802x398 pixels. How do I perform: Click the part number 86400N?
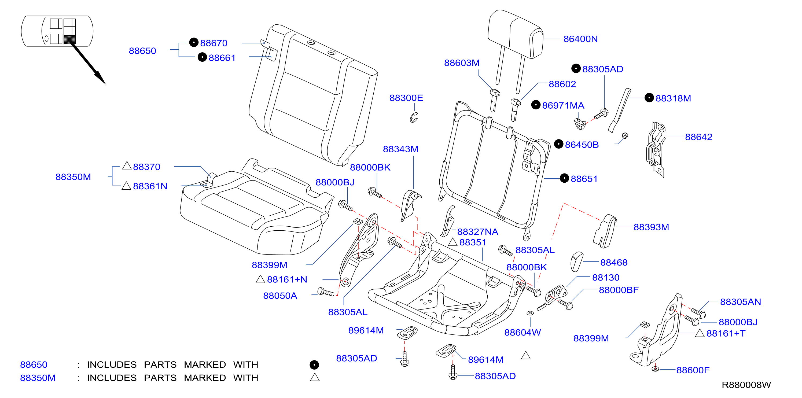[580, 39]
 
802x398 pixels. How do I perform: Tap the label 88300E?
[406, 98]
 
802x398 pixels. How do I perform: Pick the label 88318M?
[673, 98]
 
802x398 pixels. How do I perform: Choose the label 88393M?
[651, 227]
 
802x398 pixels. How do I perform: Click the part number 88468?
[614, 263]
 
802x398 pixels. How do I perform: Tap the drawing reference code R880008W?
[746, 385]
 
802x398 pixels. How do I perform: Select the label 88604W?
[523, 333]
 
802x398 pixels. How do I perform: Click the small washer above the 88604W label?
[530, 313]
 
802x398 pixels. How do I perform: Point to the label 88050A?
[280, 296]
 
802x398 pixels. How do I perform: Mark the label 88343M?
[400, 149]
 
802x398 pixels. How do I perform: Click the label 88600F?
[693, 370]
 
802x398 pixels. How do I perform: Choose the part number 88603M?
[462, 63]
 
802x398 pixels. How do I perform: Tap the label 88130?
[606, 278]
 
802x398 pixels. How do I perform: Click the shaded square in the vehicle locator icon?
[69, 39]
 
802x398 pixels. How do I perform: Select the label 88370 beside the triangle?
[147, 167]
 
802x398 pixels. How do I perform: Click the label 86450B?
[582, 145]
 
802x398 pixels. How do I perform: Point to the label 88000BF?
[619, 290]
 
